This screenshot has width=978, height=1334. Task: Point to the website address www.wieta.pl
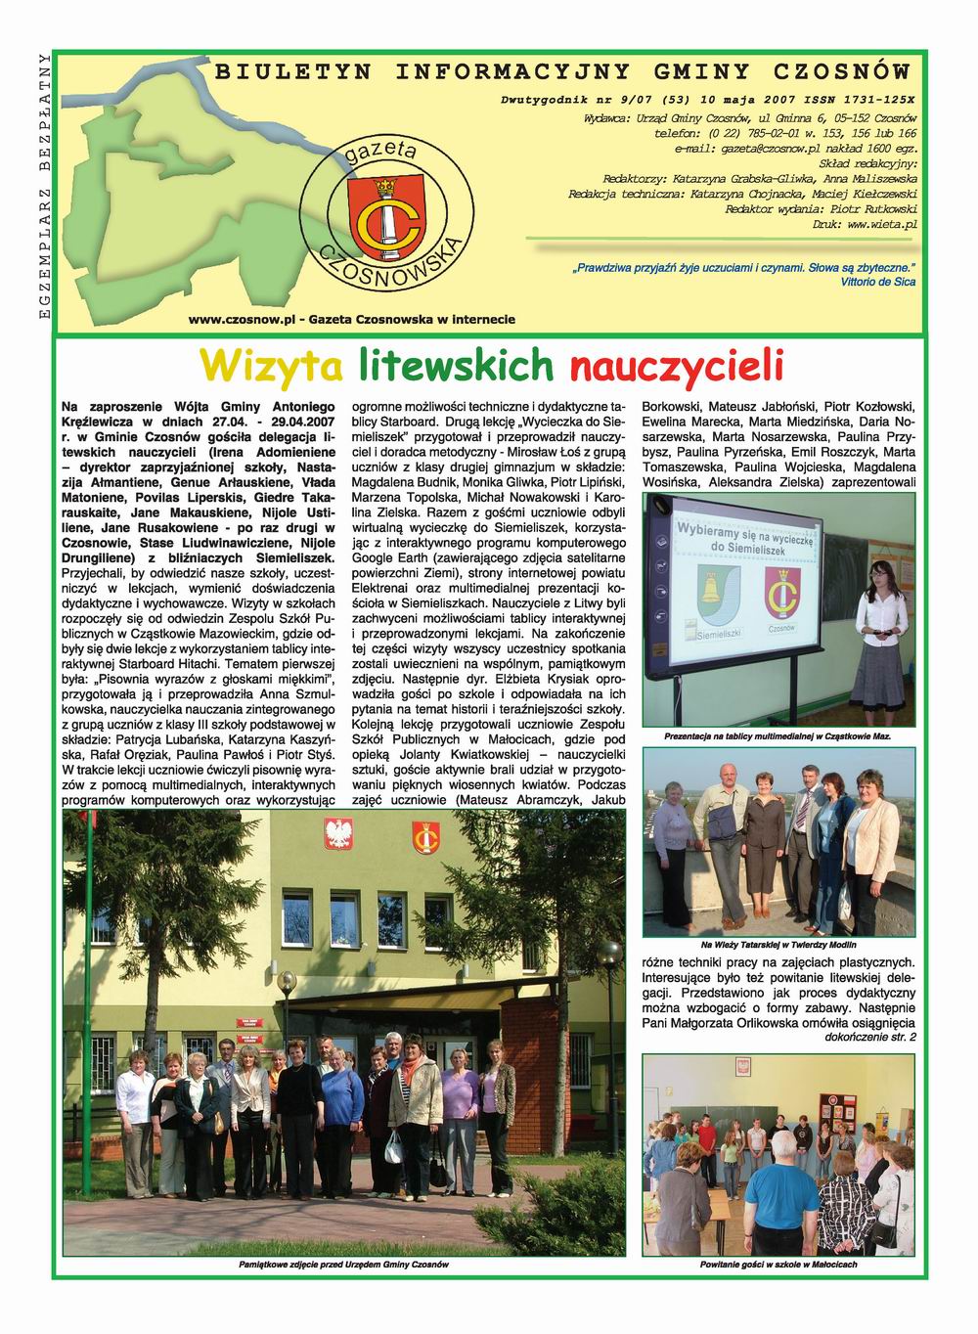882,224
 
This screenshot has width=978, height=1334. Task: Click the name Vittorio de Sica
878,281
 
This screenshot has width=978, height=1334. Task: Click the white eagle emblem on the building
334,836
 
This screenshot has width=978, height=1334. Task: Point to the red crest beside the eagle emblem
423,836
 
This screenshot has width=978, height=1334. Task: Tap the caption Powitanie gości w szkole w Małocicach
779,1264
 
